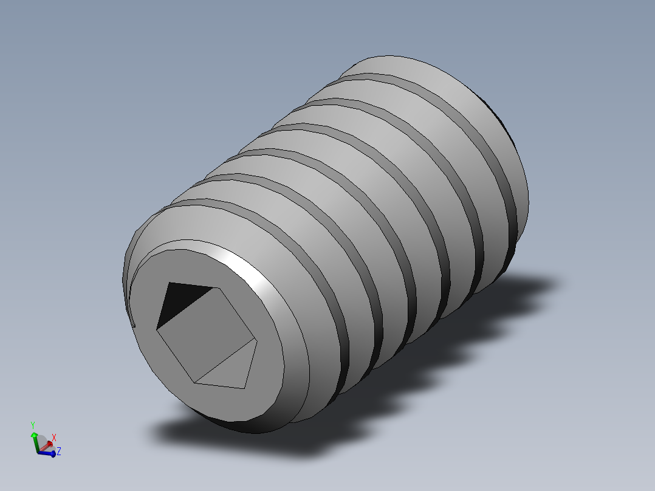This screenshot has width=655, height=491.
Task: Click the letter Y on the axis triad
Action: (x=33, y=425)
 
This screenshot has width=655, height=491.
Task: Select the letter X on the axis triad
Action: (x=54, y=437)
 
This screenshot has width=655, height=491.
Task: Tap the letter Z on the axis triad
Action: (x=59, y=452)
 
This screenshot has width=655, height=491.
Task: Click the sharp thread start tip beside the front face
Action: (x=133, y=325)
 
